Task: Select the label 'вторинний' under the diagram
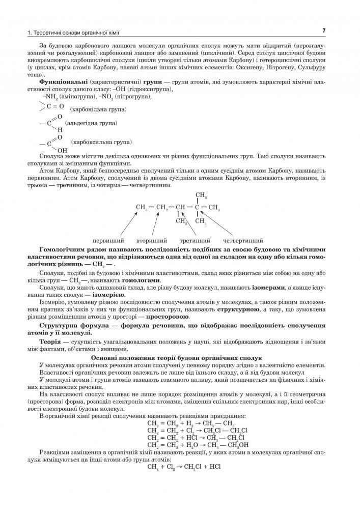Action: pos(152,240)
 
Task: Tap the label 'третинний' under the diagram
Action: pos(196,240)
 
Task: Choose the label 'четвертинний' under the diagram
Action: pos(243,240)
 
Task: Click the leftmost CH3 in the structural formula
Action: pos(142,208)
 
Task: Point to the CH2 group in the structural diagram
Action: pos(162,208)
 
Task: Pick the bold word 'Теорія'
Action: pos(51,342)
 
